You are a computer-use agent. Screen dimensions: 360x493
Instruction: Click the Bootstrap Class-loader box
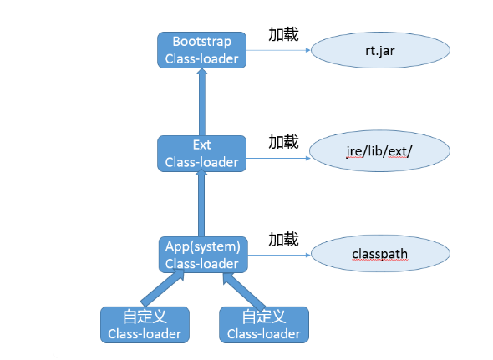click(x=201, y=50)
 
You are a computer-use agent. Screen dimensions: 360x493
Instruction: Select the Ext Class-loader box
click(x=201, y=154)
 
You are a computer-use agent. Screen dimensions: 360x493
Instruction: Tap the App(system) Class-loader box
click(x=202, y=255)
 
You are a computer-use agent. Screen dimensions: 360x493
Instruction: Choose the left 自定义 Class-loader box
click(x=145, y=325)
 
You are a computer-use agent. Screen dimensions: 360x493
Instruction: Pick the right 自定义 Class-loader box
click(x=263, y=325)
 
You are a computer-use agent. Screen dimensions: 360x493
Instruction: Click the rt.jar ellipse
click(x=380, y=50)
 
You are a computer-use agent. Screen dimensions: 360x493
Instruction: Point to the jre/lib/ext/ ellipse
click(x=380, y=151)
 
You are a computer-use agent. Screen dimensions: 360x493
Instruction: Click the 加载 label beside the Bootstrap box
click(x=283, y=35)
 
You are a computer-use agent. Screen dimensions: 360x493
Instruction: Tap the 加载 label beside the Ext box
click(x=283, y=141)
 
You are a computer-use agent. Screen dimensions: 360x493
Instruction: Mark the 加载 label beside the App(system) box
click(x=283, y=240)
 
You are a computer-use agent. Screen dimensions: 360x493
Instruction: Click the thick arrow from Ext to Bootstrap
click(x=201, y=102)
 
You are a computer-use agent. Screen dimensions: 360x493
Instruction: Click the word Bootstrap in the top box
click(x=201, y=42)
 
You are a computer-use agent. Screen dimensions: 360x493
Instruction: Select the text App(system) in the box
click(x=202, y=246)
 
